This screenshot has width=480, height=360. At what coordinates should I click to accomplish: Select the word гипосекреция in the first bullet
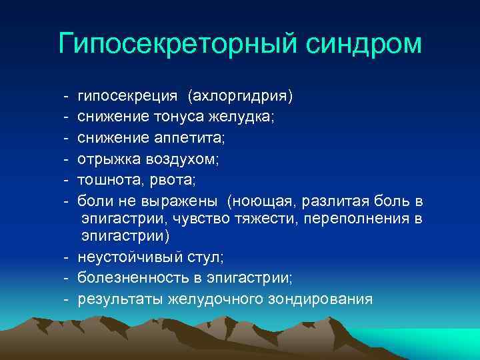coord(127,97)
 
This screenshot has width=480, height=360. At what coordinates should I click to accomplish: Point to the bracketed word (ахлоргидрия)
coord(240,97)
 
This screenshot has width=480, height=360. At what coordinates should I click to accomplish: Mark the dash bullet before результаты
coord(68,299)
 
